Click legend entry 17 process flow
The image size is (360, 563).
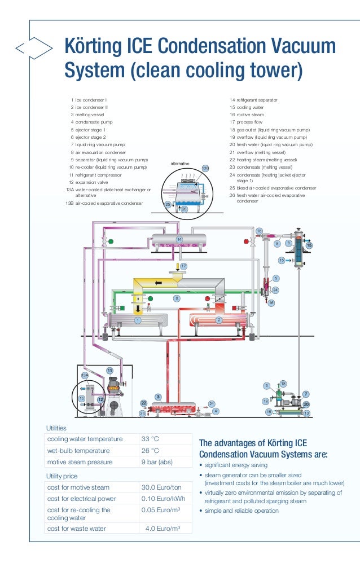[x=247, y=122]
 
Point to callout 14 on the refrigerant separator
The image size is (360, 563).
[x=179, y=240]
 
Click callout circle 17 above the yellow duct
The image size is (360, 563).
[x=183, y=265]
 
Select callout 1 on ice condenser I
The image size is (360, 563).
[x=137, y=320]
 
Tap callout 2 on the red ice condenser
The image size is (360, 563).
[x=219, y=320]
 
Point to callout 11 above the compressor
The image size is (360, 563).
[x=110, y=370]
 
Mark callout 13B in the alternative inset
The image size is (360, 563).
[x=205, y=168]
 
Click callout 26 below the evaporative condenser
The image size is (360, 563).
[x=183, y=209]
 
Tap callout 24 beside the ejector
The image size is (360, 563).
[x=275, y=290]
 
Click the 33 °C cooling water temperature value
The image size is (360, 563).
[x=150, y=439]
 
